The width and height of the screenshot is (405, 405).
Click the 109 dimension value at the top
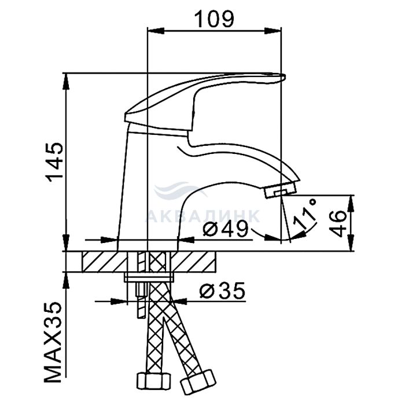pos(214,19)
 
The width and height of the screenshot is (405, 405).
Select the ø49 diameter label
pos(226,229)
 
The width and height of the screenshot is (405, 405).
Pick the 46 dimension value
pos(338,223)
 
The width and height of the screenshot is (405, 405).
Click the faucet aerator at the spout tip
pos(281,190)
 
